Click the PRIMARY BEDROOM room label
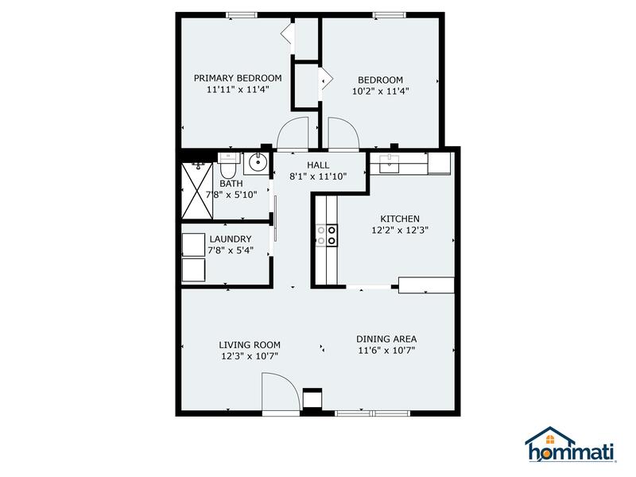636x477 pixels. [x=238, y=78]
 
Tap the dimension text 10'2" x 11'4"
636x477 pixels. [x=379, y=91]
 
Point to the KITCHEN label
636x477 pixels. [x=400, y=219]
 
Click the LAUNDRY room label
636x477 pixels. [x=231, y=239]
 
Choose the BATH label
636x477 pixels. [x=232, y=184]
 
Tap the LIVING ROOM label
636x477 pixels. [x=250, y=345]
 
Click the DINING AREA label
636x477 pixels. [x=386, y=339]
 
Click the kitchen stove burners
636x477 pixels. [x=329, y=235]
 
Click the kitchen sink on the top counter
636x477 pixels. [x=391, y=164]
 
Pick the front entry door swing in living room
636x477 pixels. [x=280, y=394]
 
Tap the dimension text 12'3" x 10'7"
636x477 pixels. [x=250, y=356]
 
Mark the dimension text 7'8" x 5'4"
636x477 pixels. [x=231, y=250]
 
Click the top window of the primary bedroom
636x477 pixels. [x=242, y=14]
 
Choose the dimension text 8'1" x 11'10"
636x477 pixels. [x=317, y=176]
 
